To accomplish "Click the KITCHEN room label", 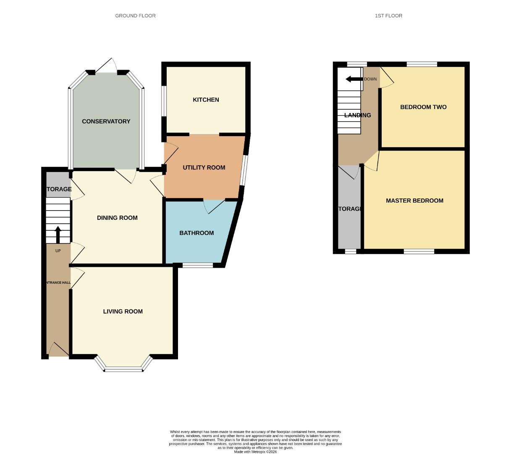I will click(206, 100).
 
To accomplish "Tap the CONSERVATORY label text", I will click(106, 121).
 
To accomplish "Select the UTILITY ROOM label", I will click(204, 168).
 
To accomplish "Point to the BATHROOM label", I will click(197, 233).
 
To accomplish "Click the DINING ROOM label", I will click(117, 218).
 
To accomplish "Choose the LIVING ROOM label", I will click(123, 311).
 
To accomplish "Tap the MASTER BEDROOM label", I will click(414, 201).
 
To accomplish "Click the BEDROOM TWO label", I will click(423, 107).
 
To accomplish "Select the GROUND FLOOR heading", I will click(135, 16).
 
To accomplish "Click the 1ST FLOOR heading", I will click(388, 16).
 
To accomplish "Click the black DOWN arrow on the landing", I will click(354, 79).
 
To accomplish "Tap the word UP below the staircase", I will click(58, 251).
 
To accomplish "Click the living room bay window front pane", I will click(124, 370).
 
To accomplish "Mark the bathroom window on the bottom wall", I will click(198, 265).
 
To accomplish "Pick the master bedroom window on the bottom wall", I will click(419, 251).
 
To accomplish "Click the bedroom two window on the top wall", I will click(422, 64).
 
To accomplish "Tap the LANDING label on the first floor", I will click(358, 115).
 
